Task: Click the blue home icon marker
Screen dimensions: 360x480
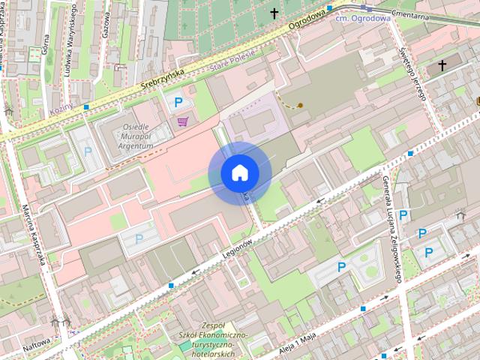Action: (x=239, y=173)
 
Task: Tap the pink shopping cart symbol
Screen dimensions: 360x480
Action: (x=182, y=121)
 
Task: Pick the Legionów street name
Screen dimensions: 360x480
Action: (x=235, y=248)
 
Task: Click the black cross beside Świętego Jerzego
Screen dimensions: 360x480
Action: (x=442, y=66)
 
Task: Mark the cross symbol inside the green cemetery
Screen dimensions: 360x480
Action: (x=274, y=13)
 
